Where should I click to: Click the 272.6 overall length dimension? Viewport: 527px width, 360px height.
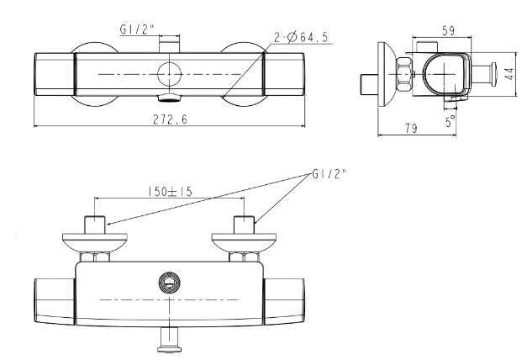pyautogui.click(x=170, y=119)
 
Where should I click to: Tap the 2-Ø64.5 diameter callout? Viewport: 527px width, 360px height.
pyautogui.click(x=301, y=37)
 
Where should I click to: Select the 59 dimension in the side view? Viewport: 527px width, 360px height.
pyautogui.click(x=448, y=30)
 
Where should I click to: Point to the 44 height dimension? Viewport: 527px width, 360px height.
pyautogui.click(x=510, y=74)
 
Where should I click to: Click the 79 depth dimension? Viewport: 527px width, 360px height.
pyautogui.click(x=411, y=128)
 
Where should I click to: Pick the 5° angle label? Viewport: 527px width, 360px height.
pyautogui.click(x=451, y=121)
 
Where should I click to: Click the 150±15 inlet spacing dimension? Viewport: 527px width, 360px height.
pyautogui.click(x=170, y=192)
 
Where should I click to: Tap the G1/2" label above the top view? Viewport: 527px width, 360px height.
pyautogui.click(x=137, y=29)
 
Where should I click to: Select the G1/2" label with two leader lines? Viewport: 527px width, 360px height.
pyautogui.click(x=329, y=174)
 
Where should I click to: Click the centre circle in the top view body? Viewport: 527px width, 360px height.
pyautogui.click(x=170, y=74)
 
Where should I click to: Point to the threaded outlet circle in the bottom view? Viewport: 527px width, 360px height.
pyautogui.click(x=170, y=283)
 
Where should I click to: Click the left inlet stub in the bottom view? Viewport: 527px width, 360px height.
pyautogui.click(x=95, y=225)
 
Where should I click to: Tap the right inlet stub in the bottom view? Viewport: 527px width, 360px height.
pyautogui.click(x=245, y=225)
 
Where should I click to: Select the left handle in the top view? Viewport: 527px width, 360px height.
pyautogui.click(x=55, y=74)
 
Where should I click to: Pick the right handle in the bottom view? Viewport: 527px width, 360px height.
pyautogui.click(x=284, y=301)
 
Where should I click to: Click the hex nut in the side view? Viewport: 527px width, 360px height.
pyautogui.click(x=404, y=74)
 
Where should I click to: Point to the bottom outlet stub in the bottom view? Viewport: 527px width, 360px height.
pyautogui.click(x=170, y=340)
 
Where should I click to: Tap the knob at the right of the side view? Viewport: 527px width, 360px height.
pyautogui.click(x=494, y=74)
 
